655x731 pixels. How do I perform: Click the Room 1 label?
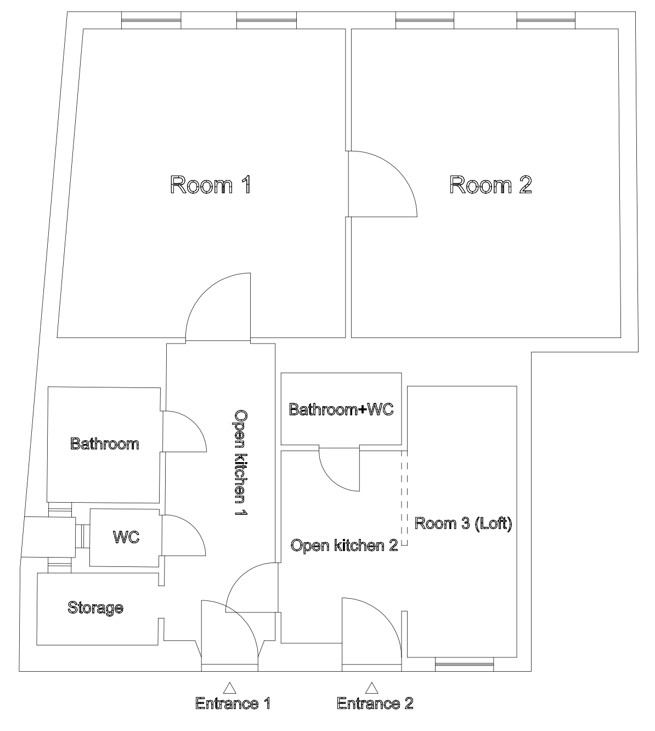(x=210, y=185)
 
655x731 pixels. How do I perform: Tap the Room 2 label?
(x=490, y=185)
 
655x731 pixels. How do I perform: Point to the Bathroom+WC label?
(x=341, y=409)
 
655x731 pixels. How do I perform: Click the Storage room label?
(x=95, y=608)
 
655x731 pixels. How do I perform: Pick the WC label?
(x=126, y=537)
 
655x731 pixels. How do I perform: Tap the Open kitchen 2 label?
(x=344, y=546)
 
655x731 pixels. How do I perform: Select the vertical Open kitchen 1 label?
(x=241, y=463)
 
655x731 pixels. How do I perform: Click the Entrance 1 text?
(x=233, y=704)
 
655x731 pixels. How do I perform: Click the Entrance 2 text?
(x=375, y=703)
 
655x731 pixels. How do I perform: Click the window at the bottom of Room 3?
(x=464, y=664)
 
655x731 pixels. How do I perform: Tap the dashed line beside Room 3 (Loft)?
(x=404, y=498)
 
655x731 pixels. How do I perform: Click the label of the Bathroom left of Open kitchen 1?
(x=105, y=444)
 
